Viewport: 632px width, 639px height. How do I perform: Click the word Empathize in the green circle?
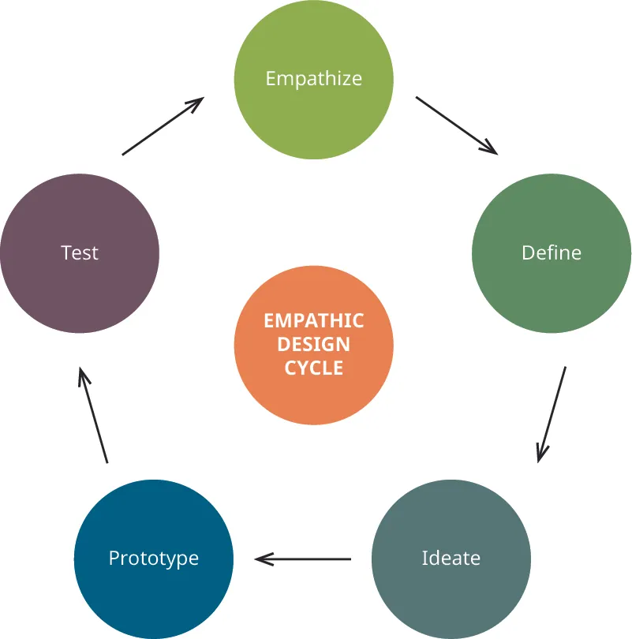click(x=314, y=79)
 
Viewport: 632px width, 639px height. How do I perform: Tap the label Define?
click(x=552, y=252)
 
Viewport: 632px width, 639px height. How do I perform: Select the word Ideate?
click(x=451, y=558)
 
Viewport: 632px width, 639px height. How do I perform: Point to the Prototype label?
click(x=154, y=558)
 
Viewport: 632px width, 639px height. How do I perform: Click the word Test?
click(x=80, y=252)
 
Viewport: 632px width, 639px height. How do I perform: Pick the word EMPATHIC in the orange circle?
click(x=314, y=320)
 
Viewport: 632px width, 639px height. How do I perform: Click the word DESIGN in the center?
click(x=314, y=344)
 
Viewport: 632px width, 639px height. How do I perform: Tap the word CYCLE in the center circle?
click(x=314, y=368)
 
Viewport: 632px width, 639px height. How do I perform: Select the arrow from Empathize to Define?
click(x=456, y=125)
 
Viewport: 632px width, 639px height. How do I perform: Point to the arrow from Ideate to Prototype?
click(x=304, y=559)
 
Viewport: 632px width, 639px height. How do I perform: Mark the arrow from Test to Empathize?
click(x=163, y=126)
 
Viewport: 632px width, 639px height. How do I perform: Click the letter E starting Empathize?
click(x=271, y=79)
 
